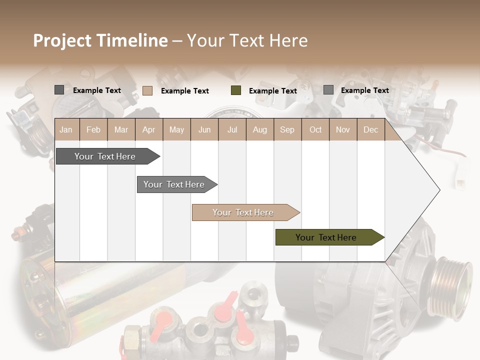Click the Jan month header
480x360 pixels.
click(x=66, y=130)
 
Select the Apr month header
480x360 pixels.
click(x=149, y=130)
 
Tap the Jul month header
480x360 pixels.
click(x=232, y=130)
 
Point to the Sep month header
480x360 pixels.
click(x=287, y=130)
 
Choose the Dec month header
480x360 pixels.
click(x=370, y=130)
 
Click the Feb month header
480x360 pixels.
click(x=93, y=130)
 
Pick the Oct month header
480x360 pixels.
click(x=315, y=130)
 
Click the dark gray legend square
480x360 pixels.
click(x=59, y=90)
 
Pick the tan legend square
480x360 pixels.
click(x=147, y=90)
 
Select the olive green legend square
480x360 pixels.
click(x=236, y=90)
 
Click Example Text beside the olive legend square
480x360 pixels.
click(x=272, y=91)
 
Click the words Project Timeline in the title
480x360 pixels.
click(x=100, y=40)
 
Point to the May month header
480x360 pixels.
click(x=176, y=130)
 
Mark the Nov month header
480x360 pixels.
click(x=343, y=130)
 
